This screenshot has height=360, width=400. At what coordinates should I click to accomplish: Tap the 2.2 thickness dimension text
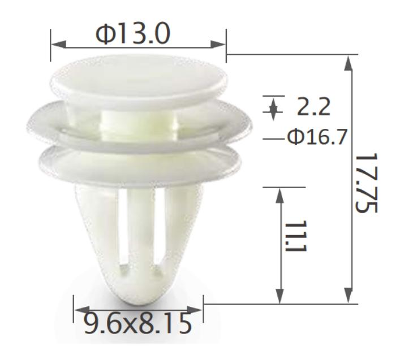tap(313, 107)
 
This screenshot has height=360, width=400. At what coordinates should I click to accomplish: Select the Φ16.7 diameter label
tap(317, 137)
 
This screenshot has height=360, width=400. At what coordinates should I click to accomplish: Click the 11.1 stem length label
tap(296, 236)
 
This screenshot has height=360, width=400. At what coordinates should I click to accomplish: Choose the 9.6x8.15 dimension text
tap(137, 324)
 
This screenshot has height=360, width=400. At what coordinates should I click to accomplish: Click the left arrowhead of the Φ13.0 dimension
tap(59, 44)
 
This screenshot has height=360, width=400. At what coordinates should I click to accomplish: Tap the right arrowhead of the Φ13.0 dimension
tap(218, 44)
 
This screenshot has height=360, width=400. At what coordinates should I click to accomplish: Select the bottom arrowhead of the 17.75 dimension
tap(348, 296)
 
